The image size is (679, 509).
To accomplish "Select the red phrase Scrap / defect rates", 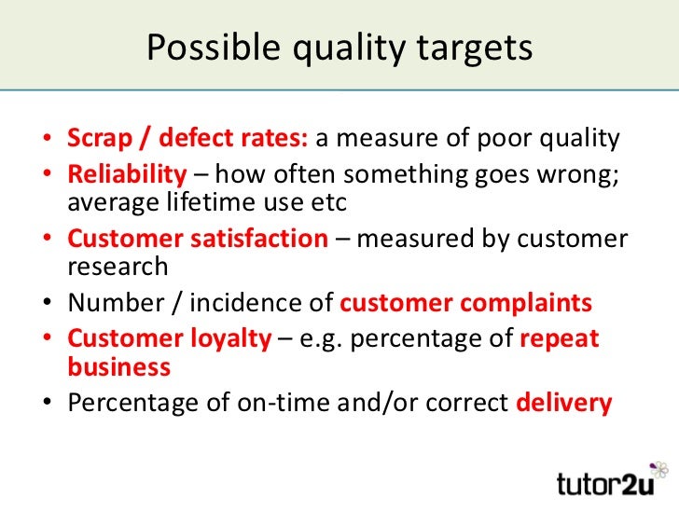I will [x=187, y=140].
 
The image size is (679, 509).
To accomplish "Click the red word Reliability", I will [x=127, y=174].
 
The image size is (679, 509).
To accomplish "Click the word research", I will [x=118, y=268].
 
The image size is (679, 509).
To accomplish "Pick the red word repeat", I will [x=559, y=338].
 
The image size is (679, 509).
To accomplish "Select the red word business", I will [x=118, y=367].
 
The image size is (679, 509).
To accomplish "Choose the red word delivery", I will [x=563, y=403].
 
